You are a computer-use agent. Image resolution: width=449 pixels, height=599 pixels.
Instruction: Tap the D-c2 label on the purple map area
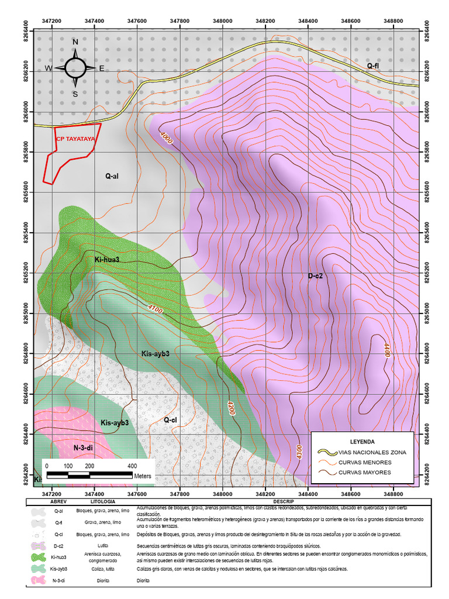coord(316,276)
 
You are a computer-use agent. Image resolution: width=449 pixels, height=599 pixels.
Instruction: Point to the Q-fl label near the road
coord(372,66)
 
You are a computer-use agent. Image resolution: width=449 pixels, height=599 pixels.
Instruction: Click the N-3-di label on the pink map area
coord(84,447)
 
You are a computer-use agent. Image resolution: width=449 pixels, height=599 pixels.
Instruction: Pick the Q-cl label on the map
coord(170,419)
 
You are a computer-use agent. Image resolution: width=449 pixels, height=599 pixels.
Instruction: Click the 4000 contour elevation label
coord(167,137)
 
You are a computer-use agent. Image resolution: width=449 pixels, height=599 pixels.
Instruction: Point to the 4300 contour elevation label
coord(299,453)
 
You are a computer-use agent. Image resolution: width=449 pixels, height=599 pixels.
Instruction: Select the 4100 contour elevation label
coord(156,308)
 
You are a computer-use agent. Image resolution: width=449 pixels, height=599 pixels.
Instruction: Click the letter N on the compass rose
coord(75,42)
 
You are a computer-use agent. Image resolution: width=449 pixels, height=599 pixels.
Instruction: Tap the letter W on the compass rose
coord(49,68)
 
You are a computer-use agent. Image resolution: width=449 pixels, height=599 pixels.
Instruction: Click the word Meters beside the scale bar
coord(143,476)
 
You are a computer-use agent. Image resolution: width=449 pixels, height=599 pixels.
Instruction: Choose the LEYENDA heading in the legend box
coord(362,441)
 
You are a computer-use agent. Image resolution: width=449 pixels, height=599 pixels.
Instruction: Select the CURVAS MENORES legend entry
coord(369,462)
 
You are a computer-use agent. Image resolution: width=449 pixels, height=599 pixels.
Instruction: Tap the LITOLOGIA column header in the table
coord(103,502)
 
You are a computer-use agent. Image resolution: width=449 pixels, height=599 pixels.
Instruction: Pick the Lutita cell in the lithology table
coord(103,545)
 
